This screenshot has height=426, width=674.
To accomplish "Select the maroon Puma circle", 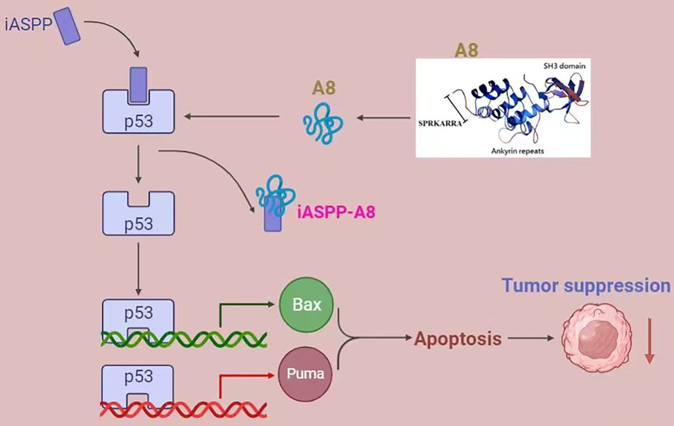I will tap(306, 374).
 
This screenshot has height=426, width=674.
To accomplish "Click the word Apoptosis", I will tap(457, 339).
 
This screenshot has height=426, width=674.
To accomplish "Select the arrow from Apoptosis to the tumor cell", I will tap(531, 339).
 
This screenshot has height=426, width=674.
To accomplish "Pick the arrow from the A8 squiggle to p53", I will tap(232, 117).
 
